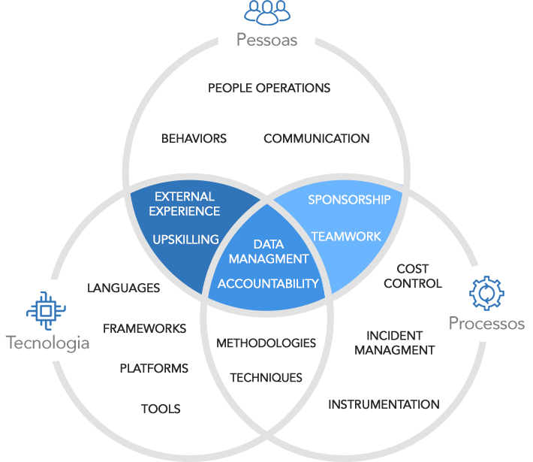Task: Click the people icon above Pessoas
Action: (x=267, y=13)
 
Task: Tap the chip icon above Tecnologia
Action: (x=46, y=310)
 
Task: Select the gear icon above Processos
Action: (x=486, y=293)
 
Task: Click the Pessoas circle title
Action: (x=266, y=40)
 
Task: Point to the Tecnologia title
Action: (x=47, y=343)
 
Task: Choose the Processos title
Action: (x=486, y=323)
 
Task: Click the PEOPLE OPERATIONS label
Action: (x=269, y=88)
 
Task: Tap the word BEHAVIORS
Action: (x=194, y=138)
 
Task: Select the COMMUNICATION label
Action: (x=317, y=138)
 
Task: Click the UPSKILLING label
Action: (x=185, y=240)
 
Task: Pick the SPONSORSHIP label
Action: (x=349, y=200)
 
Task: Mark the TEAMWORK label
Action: (x=346, y=237)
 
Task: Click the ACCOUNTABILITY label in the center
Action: (x=268, y=284)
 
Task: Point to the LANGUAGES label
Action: (x=123, y=288)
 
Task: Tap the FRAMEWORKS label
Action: (x=144, y=328)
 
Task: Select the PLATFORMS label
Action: (x=154, y=368)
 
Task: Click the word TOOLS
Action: (x=161, y=409)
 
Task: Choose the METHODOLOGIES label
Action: (x=266, y=343)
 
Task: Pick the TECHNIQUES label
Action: (x=266, y=378)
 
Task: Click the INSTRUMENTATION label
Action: (x=384, y=404)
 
